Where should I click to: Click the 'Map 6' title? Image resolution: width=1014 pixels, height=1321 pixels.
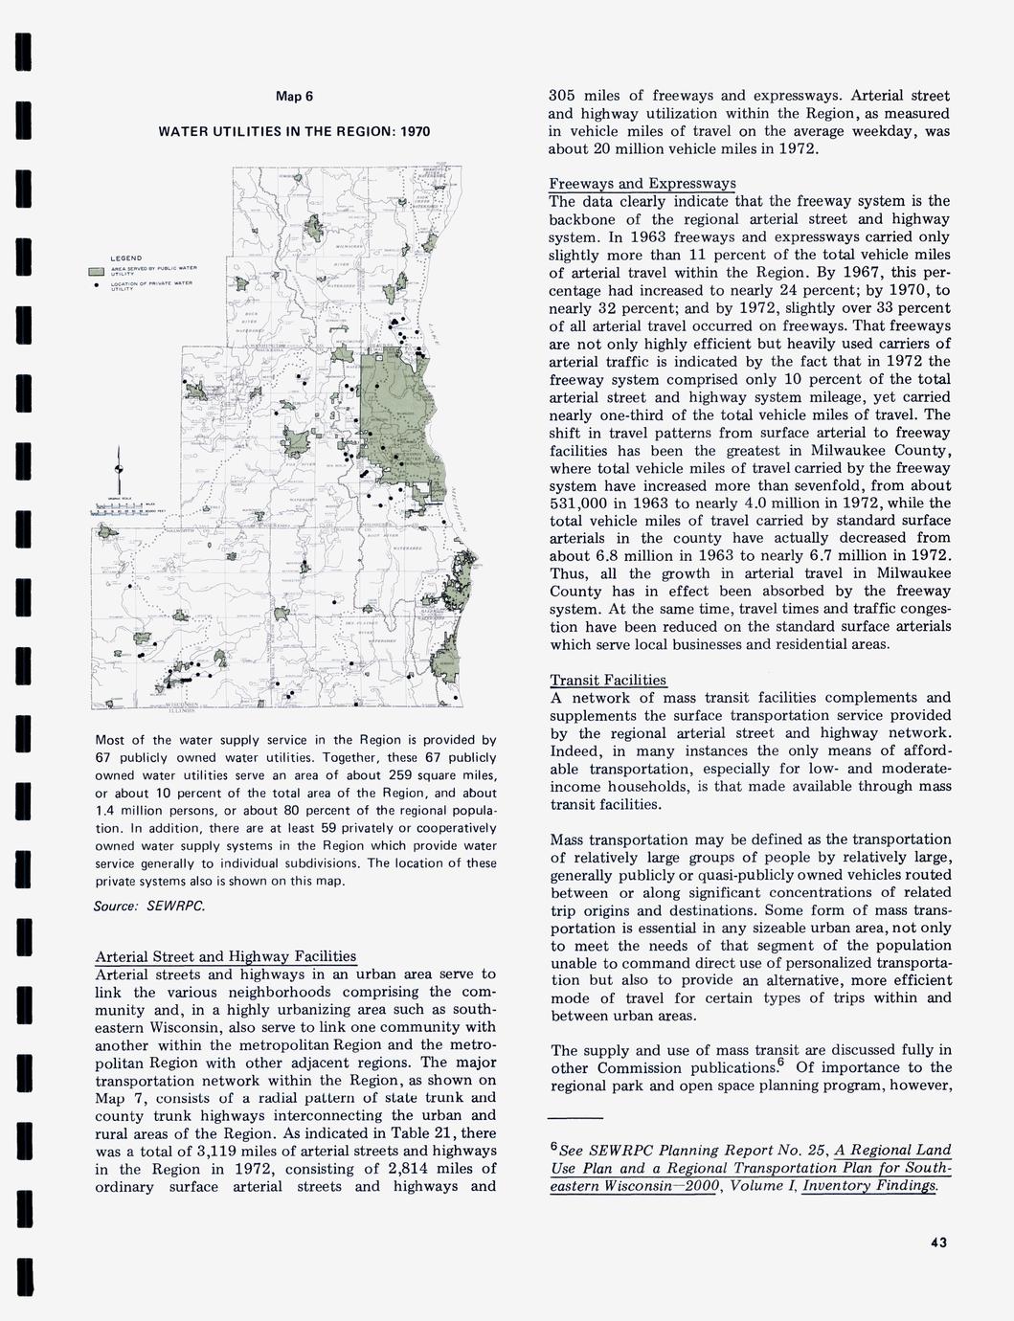click(294, 96)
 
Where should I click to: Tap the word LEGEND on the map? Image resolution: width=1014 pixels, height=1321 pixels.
click(126, 258)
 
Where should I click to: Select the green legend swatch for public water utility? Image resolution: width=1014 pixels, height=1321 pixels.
click(96, 272)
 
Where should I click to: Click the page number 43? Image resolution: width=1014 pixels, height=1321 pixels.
click(937, 1243)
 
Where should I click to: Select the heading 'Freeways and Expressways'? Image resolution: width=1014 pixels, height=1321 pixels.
click(642, 183)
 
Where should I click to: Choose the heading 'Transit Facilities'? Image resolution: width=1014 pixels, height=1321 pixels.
click(608, 680)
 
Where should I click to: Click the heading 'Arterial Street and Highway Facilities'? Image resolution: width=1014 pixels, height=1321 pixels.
click(226, 956)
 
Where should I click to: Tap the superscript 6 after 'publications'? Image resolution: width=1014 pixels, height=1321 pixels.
click(781, 1062)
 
